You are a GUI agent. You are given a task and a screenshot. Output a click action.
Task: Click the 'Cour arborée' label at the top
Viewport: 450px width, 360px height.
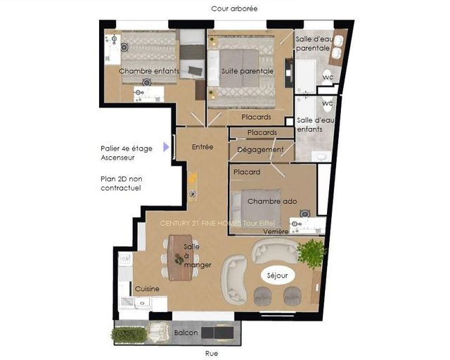(235, 8)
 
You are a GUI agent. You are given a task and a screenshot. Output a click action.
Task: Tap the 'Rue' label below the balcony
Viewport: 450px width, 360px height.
(212, 353)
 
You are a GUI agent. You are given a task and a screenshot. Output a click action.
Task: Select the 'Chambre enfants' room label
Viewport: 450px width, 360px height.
(149, 71)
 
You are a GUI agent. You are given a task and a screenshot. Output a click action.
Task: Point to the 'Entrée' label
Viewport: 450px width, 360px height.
(202, 147)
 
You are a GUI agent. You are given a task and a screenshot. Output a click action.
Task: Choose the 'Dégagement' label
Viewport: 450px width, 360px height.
(260, 150)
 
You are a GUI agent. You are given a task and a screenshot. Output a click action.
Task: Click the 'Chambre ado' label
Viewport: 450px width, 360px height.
(272, 201)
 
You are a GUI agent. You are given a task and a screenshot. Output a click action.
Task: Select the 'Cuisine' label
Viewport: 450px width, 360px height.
(147, 289)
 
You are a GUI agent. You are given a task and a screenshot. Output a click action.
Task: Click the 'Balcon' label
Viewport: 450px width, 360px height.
(186, 333)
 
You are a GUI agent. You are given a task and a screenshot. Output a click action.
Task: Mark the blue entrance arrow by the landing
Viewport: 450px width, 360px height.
(167, 147)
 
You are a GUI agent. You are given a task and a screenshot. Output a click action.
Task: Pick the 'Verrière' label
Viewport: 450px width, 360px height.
(276, 231)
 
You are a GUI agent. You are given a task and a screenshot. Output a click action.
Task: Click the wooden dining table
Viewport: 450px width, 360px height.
(181, 257)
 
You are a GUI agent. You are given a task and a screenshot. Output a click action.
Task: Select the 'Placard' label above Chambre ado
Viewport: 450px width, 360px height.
(247, 172)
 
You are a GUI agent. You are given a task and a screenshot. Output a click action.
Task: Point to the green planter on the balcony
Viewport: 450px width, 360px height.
(129, 335)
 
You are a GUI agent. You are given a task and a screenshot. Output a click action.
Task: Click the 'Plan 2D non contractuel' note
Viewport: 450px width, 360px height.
(121, 184)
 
